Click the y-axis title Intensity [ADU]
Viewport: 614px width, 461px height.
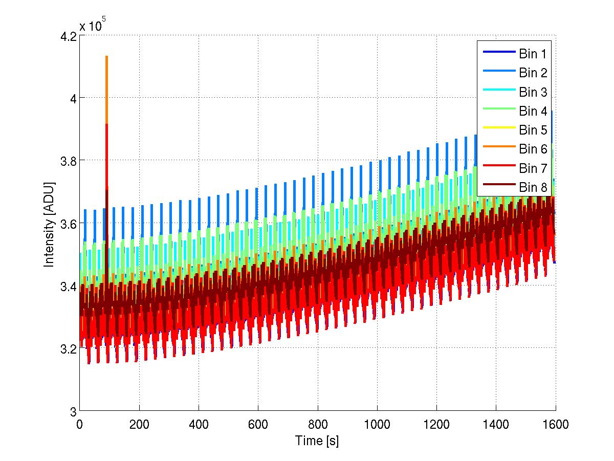click(49, 224)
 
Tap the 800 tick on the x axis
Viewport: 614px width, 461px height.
click(317, 424)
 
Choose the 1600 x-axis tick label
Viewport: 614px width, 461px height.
click(556, 424)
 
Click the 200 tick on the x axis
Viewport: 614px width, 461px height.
click(139, 424)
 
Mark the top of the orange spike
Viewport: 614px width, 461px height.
click(106, 57)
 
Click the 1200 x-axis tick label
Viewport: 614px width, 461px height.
click(436, 424)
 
